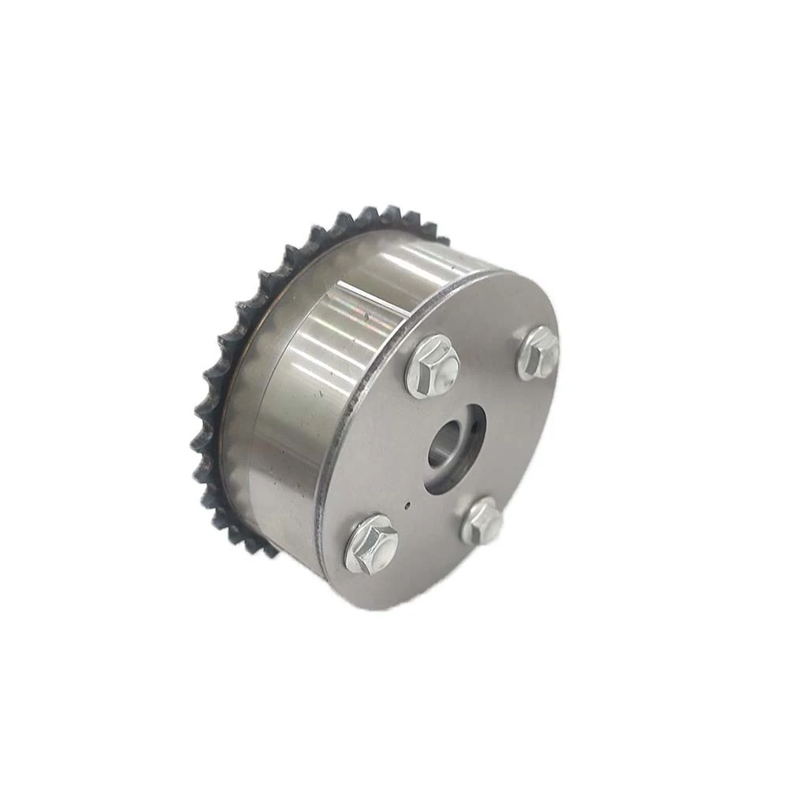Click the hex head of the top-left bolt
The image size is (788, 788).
(x=432, y=365)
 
